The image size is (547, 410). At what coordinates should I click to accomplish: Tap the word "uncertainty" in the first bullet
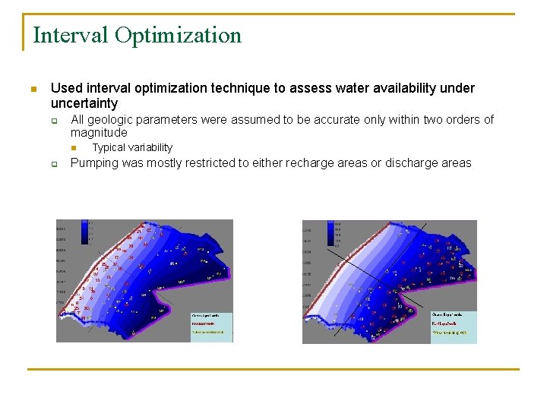coord(84,103)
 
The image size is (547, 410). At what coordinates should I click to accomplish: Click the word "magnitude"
coord(99,133)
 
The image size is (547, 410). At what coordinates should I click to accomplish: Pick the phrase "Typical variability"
coord(132,147)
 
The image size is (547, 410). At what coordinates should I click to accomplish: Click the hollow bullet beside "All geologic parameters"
coord(55,120)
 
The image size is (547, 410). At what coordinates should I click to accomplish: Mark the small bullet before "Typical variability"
coord(74,147)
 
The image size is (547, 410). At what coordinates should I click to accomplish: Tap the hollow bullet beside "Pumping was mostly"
coord(55,163)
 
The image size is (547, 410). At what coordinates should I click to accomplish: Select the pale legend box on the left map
coord(211,323)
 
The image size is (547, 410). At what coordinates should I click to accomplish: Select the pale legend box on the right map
coord(453,323)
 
